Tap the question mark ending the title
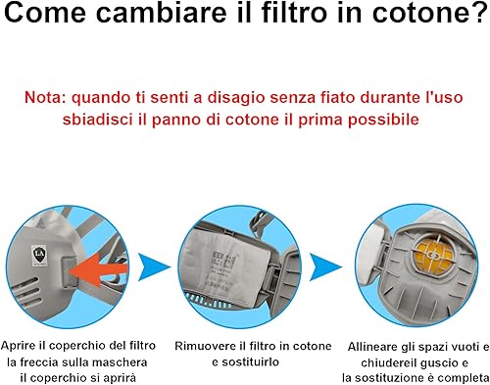pos(477,12)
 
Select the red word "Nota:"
pos(45,97)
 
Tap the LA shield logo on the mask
pos(39,255)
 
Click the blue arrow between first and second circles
pos(154,267)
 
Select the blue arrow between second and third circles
pos(325,267)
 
